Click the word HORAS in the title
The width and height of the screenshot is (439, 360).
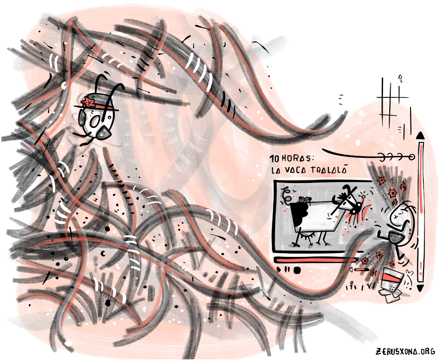pos(297,158)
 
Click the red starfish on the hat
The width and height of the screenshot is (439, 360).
pos(89,102)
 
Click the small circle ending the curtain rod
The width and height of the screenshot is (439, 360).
pos(412,157)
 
